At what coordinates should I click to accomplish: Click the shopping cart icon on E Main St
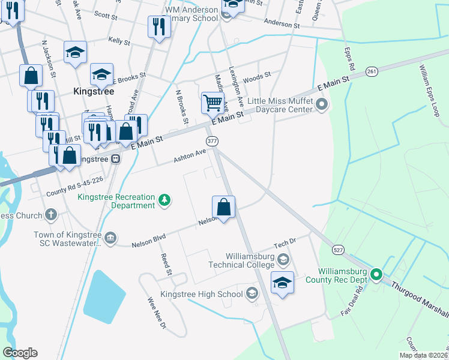[x=212, y=103]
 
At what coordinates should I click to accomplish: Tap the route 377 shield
[x=212, y=140]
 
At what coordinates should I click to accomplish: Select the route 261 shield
[x=372, y=71]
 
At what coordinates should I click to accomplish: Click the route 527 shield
[x=339, y=249]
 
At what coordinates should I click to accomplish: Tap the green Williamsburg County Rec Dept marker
[x=376, y=275]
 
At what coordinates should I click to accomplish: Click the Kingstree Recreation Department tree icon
[x=163, y=200]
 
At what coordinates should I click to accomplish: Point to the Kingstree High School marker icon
[x=252, y=293]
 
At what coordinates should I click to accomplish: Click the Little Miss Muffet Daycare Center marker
[x=322, y=106]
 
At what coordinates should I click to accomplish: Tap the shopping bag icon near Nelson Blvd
[x=224, y=208]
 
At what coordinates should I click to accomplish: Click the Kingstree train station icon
[x=115, y=159]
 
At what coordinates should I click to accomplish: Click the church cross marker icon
[x=51, y=215]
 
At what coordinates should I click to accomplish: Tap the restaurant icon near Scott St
[x=158, y=27]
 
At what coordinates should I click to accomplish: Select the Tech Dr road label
[x=285, y=244]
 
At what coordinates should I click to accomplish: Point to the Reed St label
[x=166, y=264]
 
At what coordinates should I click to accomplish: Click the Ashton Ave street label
[x=190, y=156]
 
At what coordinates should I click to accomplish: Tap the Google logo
[x=20, y=353]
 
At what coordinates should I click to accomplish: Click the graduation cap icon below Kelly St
[x=76, y=53]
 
